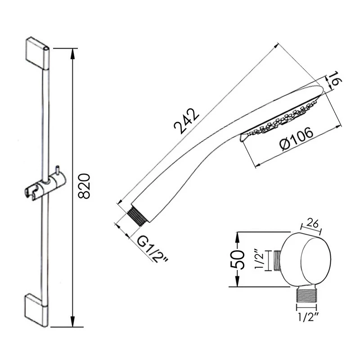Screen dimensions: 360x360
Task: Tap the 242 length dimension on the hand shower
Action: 185,121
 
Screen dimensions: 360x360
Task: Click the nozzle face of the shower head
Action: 279,121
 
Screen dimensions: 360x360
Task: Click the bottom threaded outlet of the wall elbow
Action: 308,297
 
